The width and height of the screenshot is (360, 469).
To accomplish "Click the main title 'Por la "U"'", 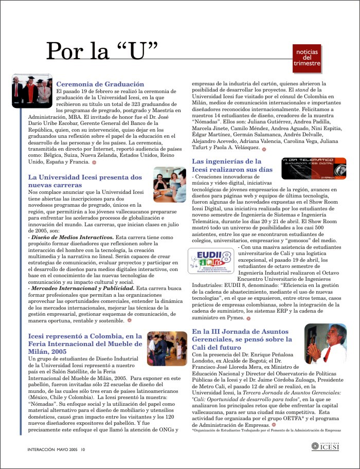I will coord(101,50).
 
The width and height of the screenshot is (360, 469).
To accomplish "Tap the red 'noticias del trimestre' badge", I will coord(307,59).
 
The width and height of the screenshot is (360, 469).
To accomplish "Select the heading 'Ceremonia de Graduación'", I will coord(100,84).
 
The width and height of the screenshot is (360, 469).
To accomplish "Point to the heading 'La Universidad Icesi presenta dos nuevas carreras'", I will coord(85,181).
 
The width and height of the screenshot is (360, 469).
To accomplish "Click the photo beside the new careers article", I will coord(170,184).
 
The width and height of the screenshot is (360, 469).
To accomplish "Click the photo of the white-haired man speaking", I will coord(325,344).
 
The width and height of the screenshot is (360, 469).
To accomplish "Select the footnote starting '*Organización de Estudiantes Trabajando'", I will coord(266,430).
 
